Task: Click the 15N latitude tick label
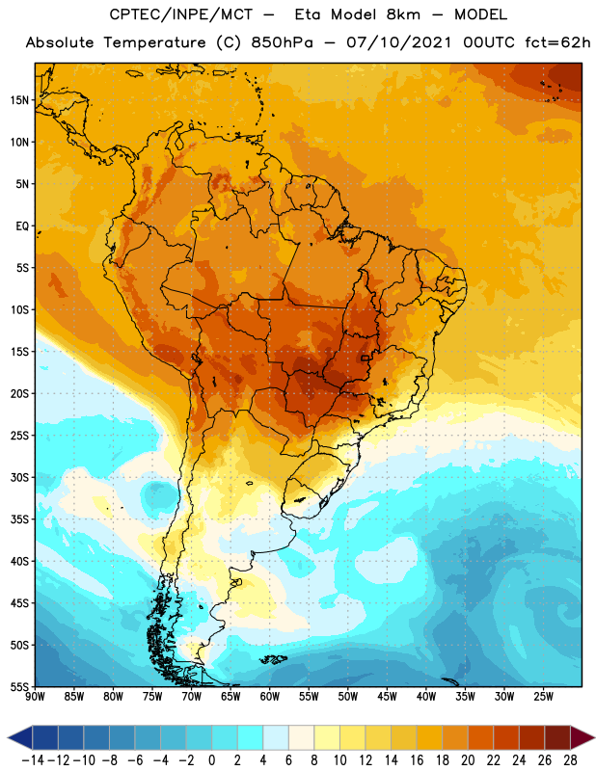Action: pyautogui.click(x=19, y=100)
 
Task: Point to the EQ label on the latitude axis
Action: pyautogui.click(x=22, y=226)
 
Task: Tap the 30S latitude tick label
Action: pyautogui.click(x=19, y=477)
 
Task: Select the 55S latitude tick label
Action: pyautogui.click(x=19, y=686)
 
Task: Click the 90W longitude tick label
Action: pyautogui.click(x=35, y=696)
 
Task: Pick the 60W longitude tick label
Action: pyautogui.click(x=270, y=696)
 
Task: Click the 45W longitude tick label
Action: pyautogui.click(x=387, y=696)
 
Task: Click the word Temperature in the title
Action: pyautogui.click(x=155, y=42)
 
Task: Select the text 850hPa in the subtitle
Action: pyautogui.click(x=282, y=42)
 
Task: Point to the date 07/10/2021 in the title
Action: pyautogui.click(x=399, y=42)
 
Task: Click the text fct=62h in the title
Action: pyautogui.click(x=557, y=42)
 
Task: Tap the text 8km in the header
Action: pyautogui.click(x=403, y=14)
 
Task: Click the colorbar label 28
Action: pyautogui.click(x=570, y=760)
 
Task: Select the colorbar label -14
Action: pyautogui.click(x=33, y=760)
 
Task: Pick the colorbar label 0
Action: pyautogui.click(x=211, y=760)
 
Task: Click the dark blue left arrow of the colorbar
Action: pyautogui.click(x=20, y=737)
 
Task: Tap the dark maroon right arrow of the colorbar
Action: pyautogui.click(x=583, y=737)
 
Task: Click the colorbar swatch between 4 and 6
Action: pyautogui.click(x=276, y=737)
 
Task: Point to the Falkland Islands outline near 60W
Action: pyautogui.click(x=273, y=659)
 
